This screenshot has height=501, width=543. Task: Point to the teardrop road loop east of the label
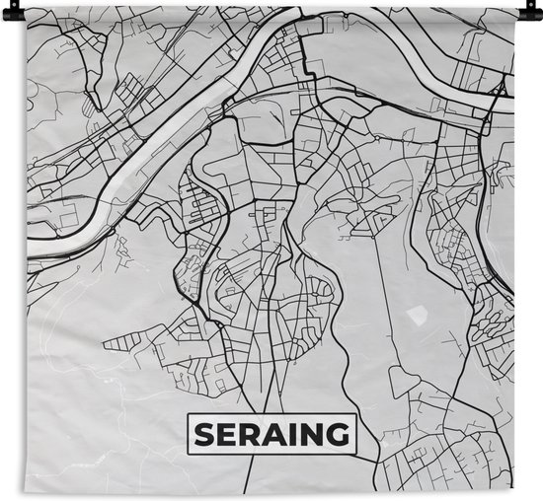(404, 380)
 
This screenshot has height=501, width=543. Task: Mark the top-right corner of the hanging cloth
(515, 12)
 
